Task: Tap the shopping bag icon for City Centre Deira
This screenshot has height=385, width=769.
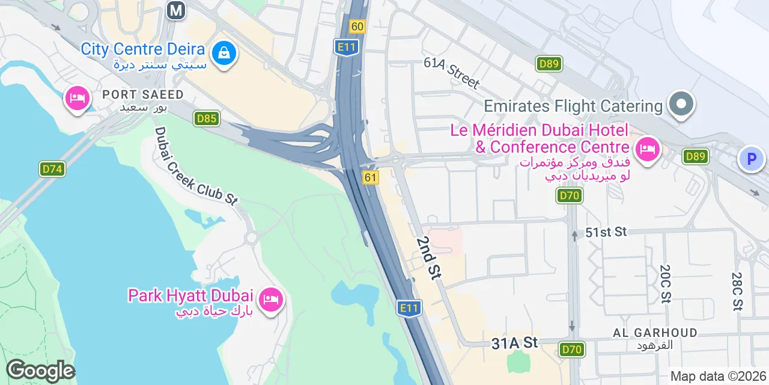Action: [224, 53]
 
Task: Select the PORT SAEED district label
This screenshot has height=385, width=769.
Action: [142, 94]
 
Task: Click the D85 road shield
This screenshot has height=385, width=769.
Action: [206, 119]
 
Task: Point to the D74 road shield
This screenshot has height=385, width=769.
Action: [52, 169]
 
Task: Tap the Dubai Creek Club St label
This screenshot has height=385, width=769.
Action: [196, 166]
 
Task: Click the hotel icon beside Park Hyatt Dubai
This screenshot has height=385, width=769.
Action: [271, 298]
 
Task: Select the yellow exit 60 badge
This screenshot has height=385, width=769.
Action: [357, 26]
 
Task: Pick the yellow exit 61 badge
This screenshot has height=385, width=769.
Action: [371, 177]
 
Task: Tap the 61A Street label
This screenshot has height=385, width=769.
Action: [451, 72]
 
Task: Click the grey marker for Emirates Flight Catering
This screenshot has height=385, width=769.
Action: [681, 104]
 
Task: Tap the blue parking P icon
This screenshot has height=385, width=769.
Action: [750, 159]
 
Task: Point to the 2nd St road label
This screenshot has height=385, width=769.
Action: [428, 257]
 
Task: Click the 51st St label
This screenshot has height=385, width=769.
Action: [606, 232]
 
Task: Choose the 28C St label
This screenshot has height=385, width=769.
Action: [737, 291]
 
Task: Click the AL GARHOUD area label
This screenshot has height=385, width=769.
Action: [655, 333]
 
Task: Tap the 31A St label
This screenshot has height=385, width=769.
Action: [514, 342]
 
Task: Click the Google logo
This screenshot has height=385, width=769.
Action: [40, 371]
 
